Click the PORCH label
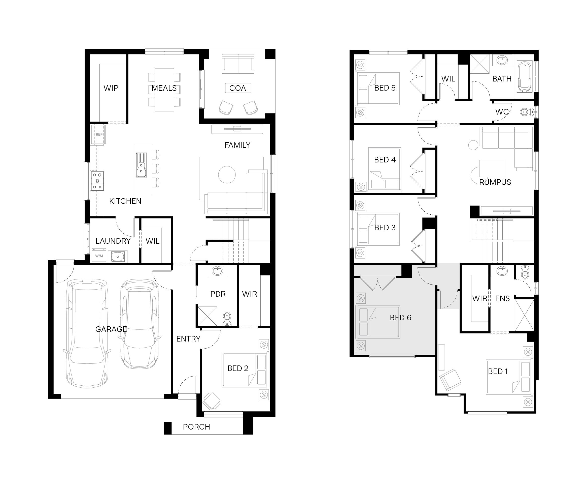[x=196, y=427]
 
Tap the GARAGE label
[x=111, y=329]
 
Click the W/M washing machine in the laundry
[x=99, y=256]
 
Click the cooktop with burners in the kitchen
[x=97, y=181]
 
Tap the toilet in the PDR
[x=227, y=319]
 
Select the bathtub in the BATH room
[x=525, y=76]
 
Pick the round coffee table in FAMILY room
[x=227, y=175]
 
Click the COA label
[x=237, y=88]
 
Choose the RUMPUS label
[x=495, y=182]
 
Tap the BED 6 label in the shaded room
[x=400, y=318]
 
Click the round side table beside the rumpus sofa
[x=473, y=145]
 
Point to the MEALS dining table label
[x=164, y=88]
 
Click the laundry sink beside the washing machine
[x=118, y=256]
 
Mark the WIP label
[x=111, y=88]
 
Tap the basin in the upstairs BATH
[x=502, y=60]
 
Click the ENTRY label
[x=188, y=339]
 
